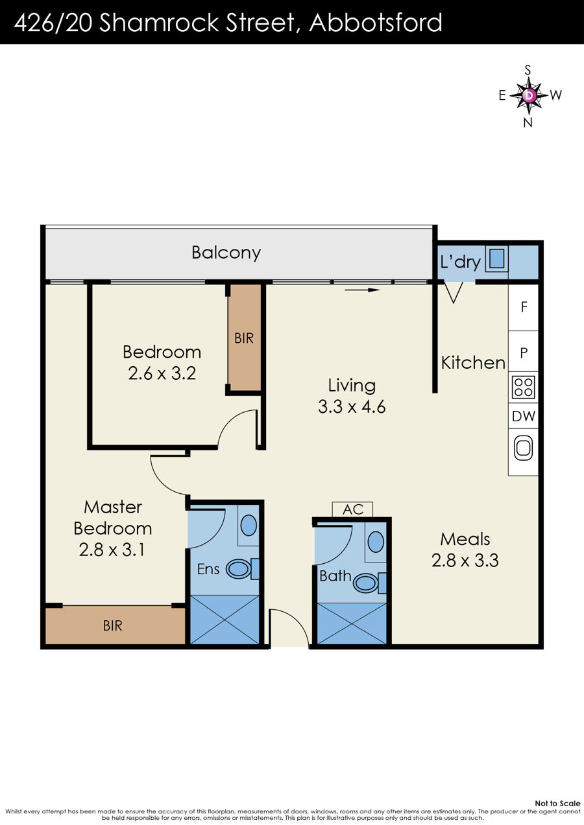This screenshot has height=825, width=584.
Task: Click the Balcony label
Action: click(x=226, y=253)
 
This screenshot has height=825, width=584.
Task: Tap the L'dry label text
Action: click(x=461, y=262)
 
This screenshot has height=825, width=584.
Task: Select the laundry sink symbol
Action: click(x=496, y=259)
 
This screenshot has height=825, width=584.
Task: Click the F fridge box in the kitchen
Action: click(x=524, y=307)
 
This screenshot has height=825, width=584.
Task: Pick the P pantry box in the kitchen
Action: click(x=524, y=353)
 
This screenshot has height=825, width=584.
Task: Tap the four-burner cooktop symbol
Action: click(x=524, y=387)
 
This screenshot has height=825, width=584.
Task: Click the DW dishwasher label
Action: click(x=524, y=416)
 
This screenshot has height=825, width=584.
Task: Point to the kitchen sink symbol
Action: click(x=524, y=448)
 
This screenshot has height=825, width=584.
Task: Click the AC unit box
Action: click(x=352, y=510)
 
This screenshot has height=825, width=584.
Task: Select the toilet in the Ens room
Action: click(x=242, y=568)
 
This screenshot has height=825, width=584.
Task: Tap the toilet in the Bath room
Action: click(x=369, y=583)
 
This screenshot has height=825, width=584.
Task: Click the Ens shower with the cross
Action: click(x=225, y=619)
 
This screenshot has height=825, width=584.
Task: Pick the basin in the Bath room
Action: click(x=376, y=542)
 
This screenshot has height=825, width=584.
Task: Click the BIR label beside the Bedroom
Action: click(x=244, y=338)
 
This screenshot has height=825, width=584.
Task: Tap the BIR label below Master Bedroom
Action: click(x=112, y=625)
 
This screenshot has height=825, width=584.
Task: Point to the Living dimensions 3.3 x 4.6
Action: click(x=352, y=407)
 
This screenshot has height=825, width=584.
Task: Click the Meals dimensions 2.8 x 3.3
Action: click(x=465, y=560)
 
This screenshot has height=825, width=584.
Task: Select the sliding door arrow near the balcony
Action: click(x=362, y=290)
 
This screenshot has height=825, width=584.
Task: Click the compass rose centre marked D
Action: click(x=529, y=95)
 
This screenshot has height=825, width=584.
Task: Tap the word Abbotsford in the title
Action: click(x=375, y=23)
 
